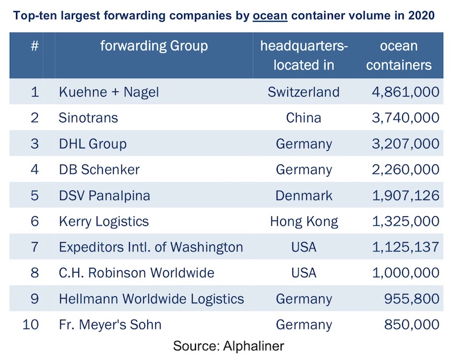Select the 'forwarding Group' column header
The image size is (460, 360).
(154, 45)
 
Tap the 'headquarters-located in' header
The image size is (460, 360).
(304, 55)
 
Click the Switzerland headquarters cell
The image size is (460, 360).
(304, 91)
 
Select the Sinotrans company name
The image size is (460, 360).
(88, 118)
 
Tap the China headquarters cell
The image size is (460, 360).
(304, 118)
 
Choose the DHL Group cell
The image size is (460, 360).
(93, 144)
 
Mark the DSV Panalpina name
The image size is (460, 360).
(104, 196)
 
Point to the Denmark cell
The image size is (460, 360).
(304, 196)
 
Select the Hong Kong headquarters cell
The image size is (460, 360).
(304, 221)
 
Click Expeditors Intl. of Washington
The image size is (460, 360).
(151, 247)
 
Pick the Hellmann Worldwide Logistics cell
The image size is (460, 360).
(151, 299)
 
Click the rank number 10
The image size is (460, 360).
(31, 325)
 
